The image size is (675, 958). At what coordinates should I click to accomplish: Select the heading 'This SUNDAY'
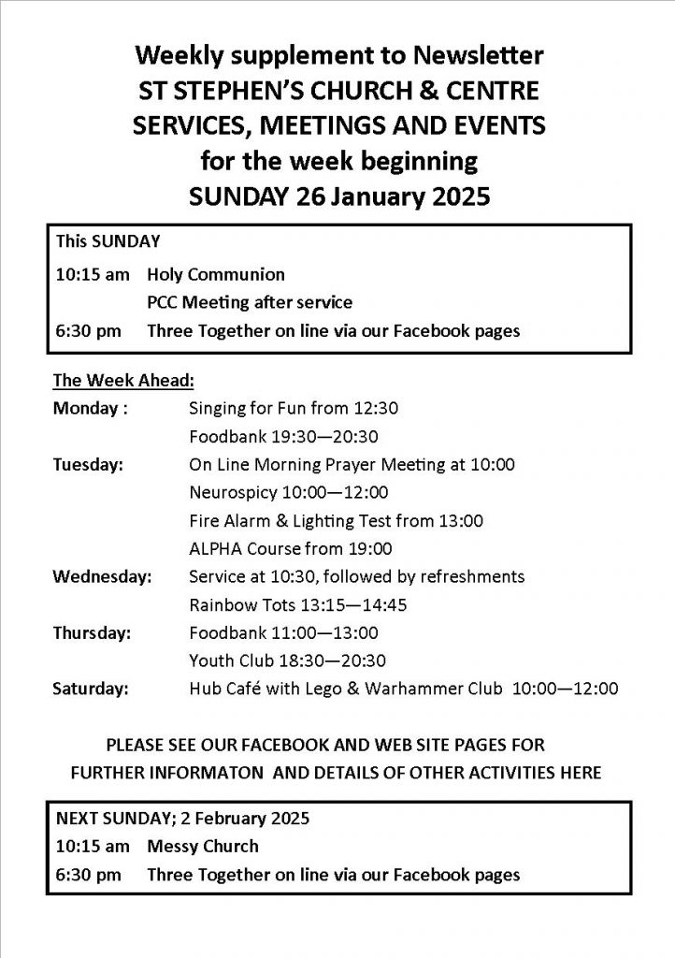point(108,241)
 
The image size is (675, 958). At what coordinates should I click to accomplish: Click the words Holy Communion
point(216,275)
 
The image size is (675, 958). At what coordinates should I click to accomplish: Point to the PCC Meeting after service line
point(249,302)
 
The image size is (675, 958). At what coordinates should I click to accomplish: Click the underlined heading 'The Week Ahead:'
point(122,381)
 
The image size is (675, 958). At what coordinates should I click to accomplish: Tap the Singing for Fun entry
point(294,408)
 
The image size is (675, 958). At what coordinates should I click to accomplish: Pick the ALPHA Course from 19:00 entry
point(290,548)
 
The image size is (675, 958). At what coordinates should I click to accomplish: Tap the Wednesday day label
point(102,576)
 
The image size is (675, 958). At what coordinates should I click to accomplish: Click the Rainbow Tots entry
point(297,604)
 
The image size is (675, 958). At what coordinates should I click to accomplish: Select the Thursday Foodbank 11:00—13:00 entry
point(282,632)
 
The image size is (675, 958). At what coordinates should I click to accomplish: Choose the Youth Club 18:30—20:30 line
point(287,660)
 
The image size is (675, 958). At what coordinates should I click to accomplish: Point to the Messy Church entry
point(203,847)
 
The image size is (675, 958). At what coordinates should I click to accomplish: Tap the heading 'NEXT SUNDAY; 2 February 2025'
point(182,818)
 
